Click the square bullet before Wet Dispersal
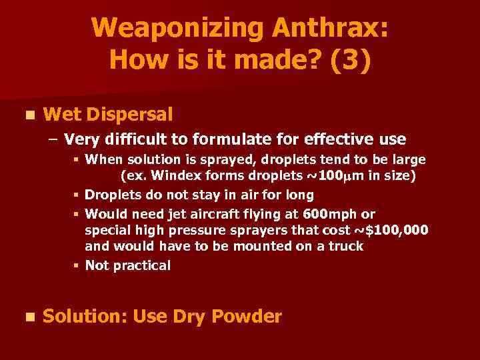tap(27, 115)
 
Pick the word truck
tap(347, 246)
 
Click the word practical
tap(141, 265)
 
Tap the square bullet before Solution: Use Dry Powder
tap(27, 317)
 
